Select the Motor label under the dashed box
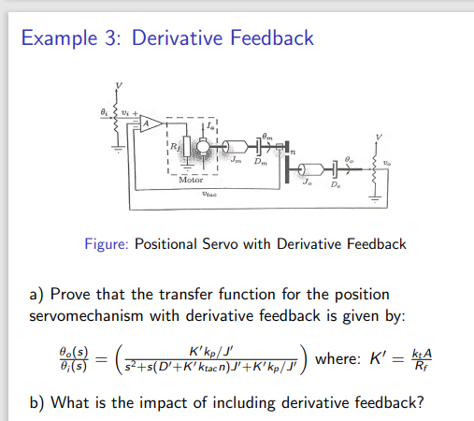(x=192, y=178)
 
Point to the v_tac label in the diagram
(x=209, y=195)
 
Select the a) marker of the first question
(x=37, y=294)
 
